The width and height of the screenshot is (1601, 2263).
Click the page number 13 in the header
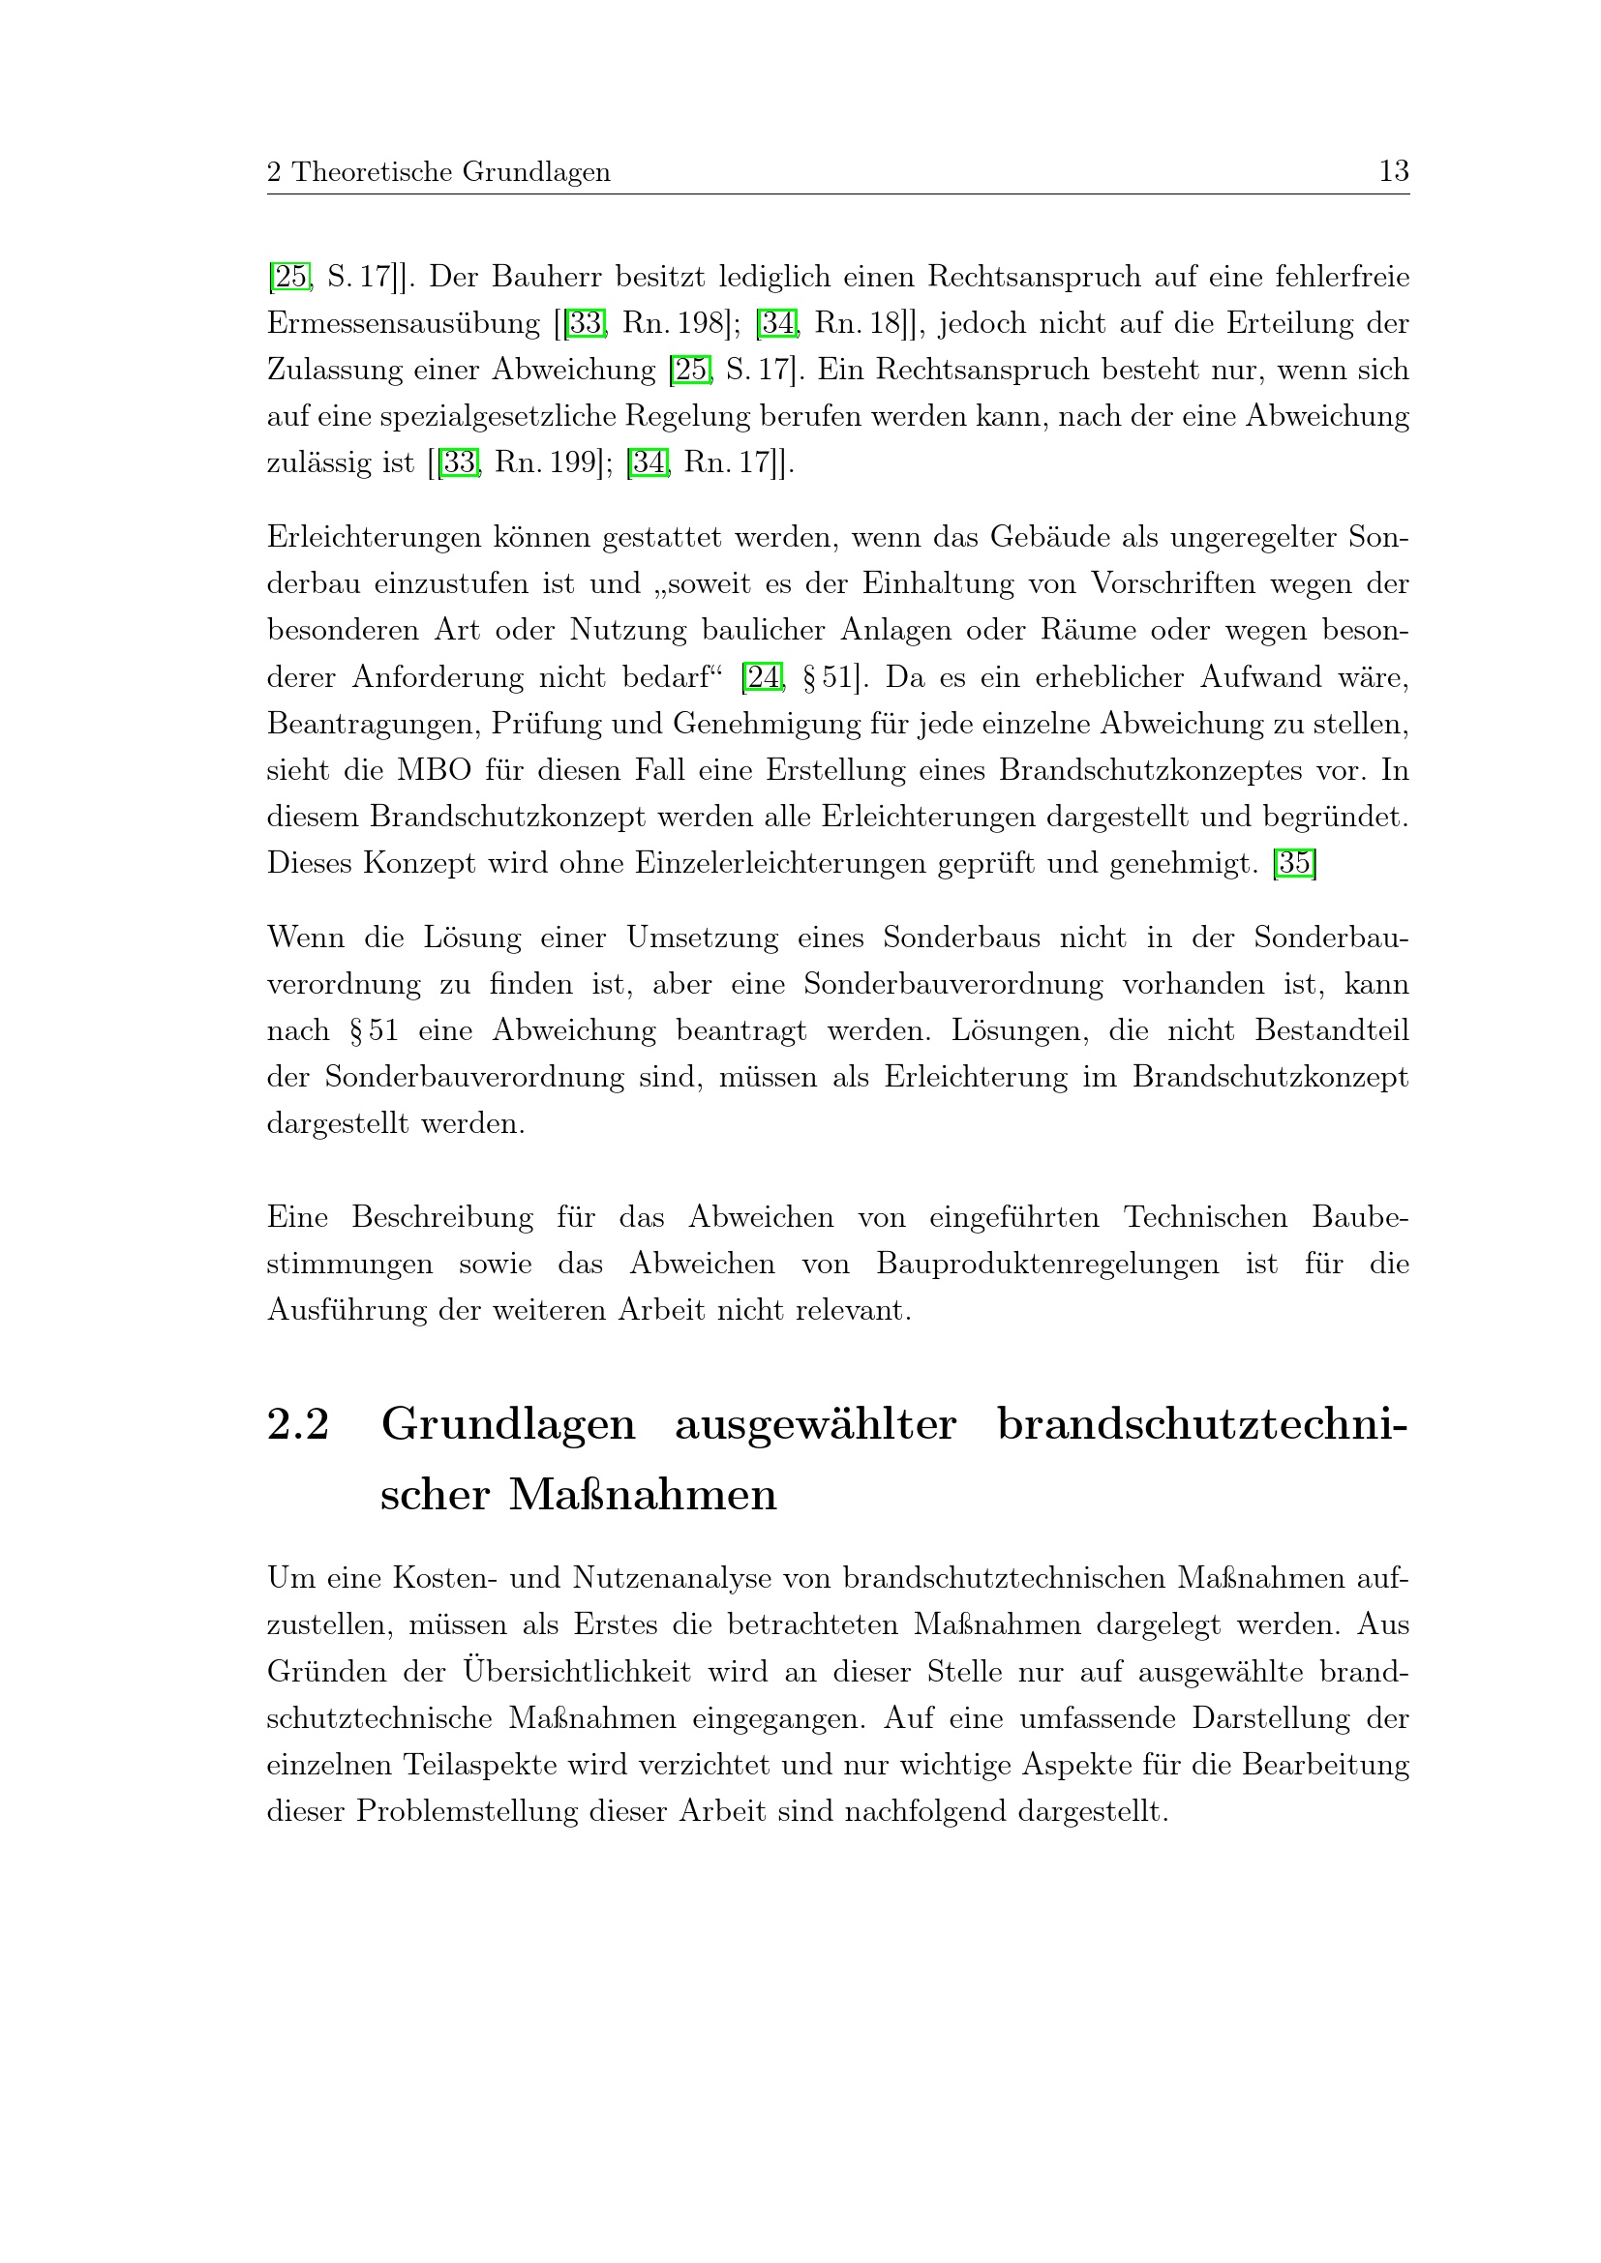pos(1393,171)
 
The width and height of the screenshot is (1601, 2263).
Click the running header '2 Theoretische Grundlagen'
pos(438,172)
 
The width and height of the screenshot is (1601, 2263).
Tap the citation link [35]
pos(1294,863)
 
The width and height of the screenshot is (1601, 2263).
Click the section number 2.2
pos(298,1424)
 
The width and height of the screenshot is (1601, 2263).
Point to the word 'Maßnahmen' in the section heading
pos(643,1494)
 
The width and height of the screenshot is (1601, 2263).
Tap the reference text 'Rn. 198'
pos(676,323)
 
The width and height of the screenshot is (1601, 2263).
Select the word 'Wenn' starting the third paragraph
pos(306,938)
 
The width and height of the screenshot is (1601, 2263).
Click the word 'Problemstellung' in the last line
pos(467,1811)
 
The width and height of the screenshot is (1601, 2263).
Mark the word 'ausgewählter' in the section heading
pos(815,1424)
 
